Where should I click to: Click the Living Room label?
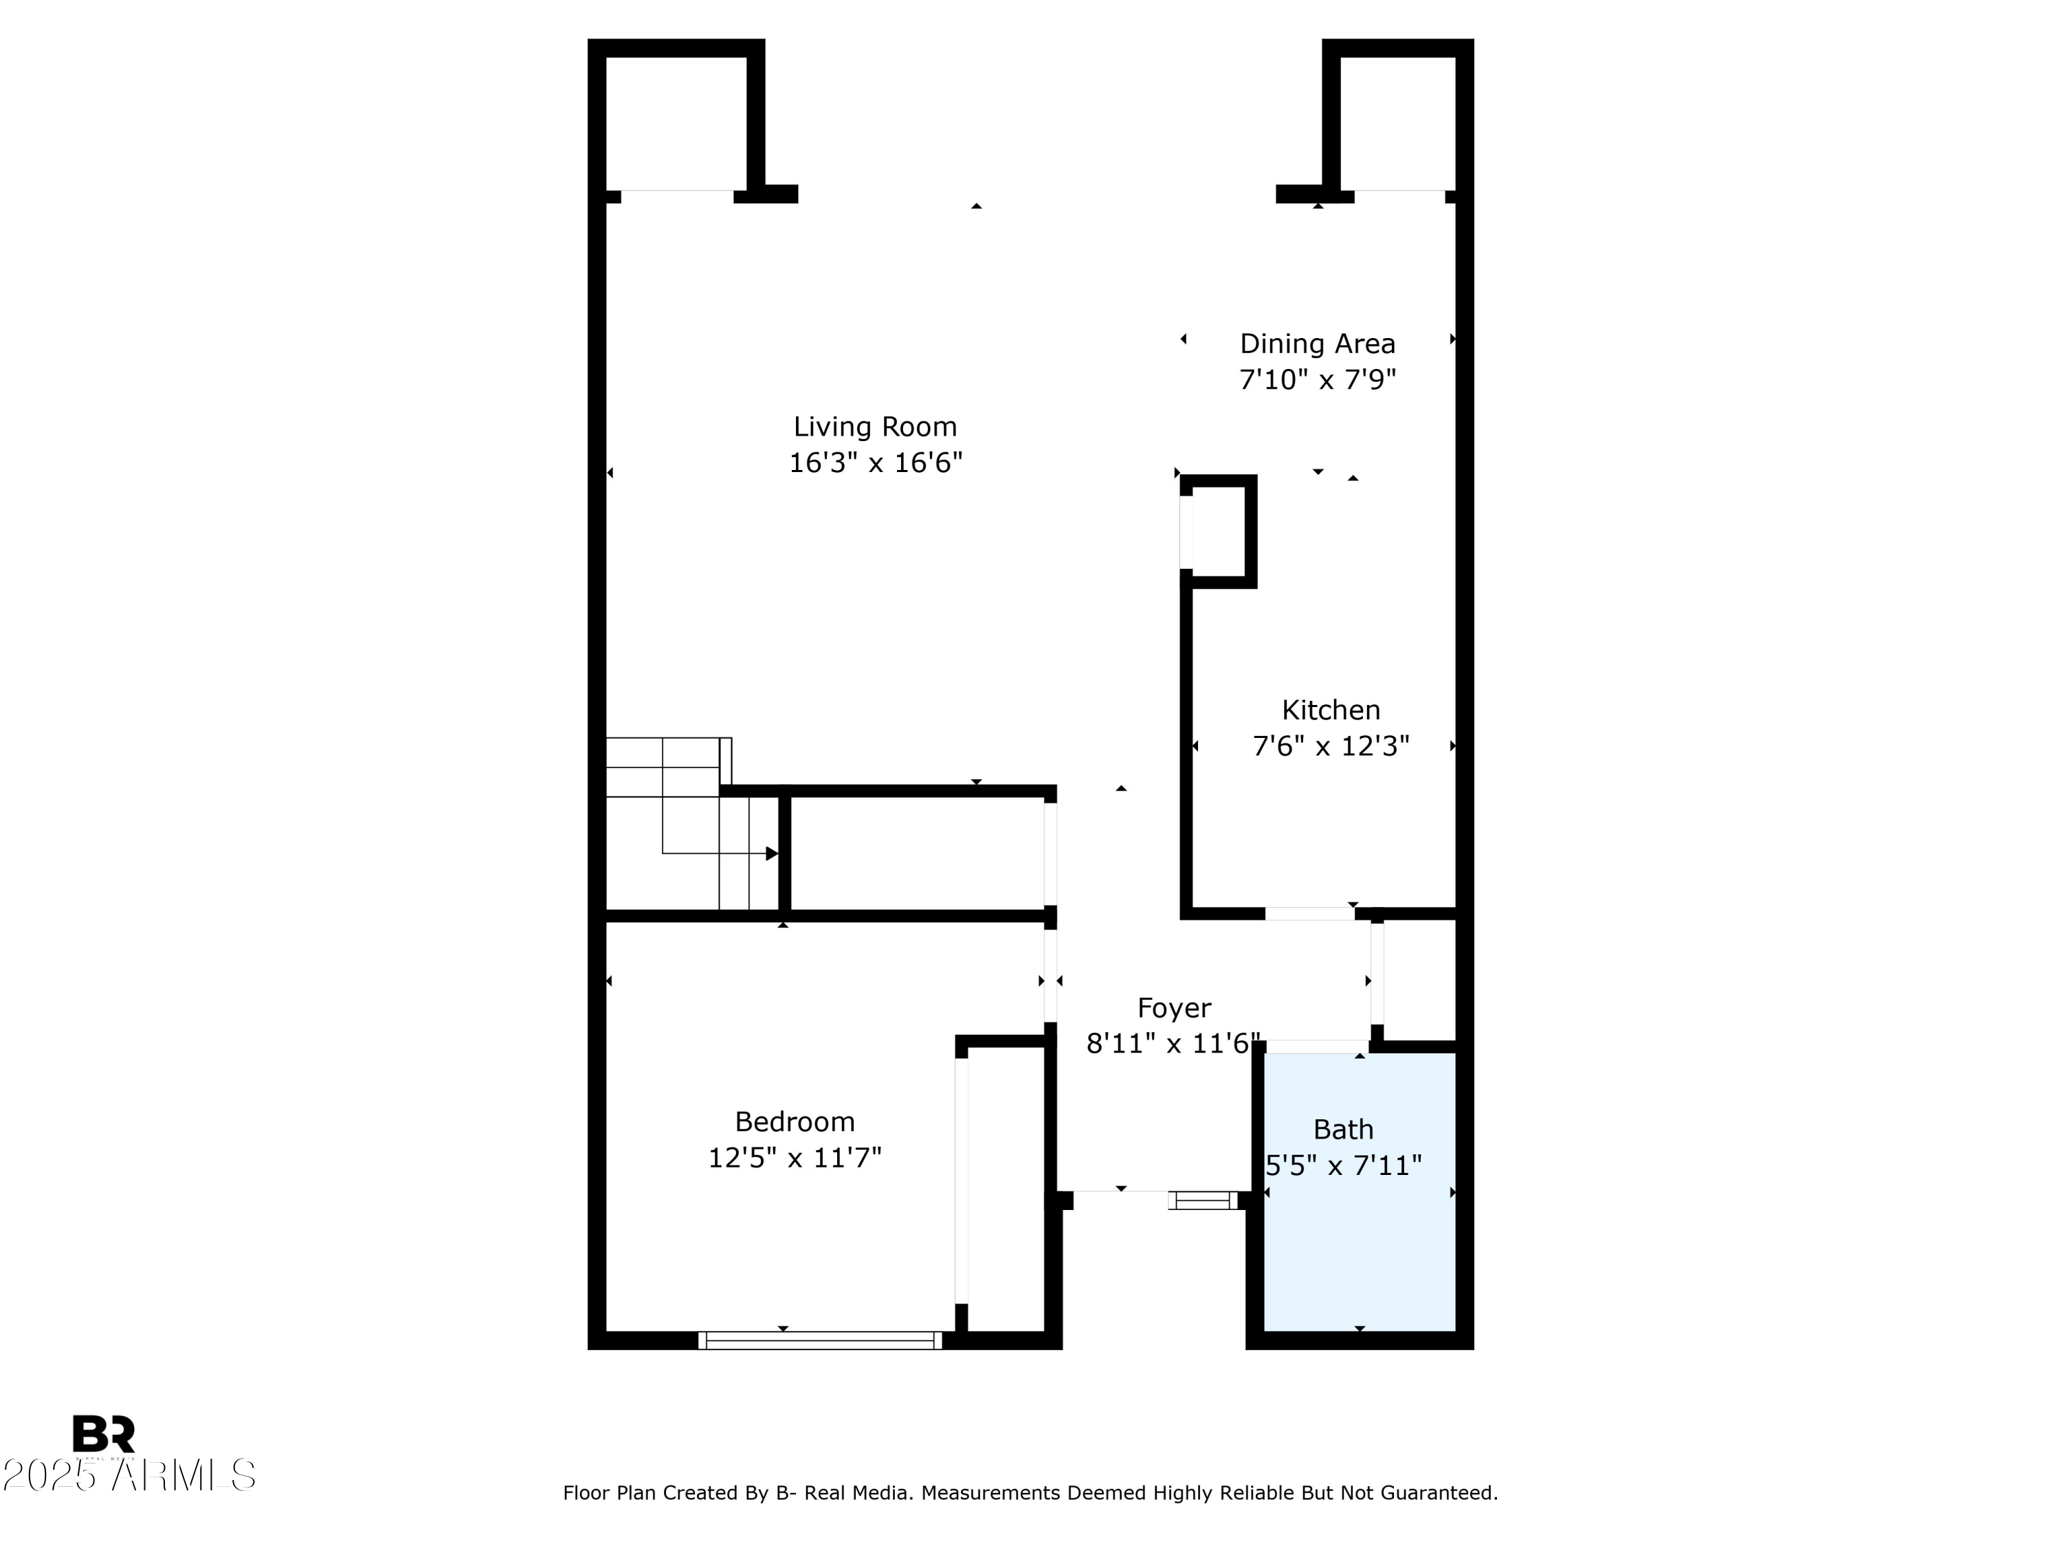click(874, 427)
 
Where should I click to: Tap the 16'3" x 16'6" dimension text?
click(874, 463)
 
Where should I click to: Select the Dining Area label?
click(1316, 344)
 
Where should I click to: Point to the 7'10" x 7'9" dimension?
click(1316, 380)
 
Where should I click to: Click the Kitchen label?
click(1330, 710)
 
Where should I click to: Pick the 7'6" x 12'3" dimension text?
click(1330, 746)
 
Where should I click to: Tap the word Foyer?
click(1174, 1008)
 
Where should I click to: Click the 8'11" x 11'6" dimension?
click(1173, 1044)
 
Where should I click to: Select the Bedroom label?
click(795, 1121)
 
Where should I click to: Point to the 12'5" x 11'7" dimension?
click(795, 1157)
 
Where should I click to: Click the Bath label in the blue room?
click(1342, 1130)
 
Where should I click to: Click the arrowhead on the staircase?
click(772, 853)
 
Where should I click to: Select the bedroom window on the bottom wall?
click(819, 1340)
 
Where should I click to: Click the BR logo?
click(104, 1434)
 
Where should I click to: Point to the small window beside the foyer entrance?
click(1203, 1200)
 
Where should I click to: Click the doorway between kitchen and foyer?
click(1309, 913)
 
